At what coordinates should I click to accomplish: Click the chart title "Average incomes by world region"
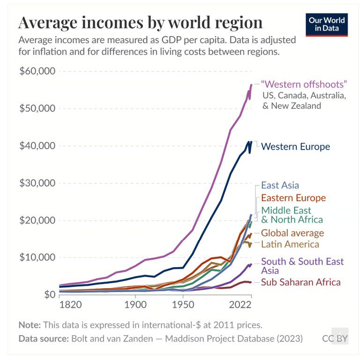click(x=140, y=22)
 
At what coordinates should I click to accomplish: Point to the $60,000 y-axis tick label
click(x=37, y=71)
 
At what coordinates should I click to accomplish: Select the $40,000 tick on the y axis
click(x=37, y=146)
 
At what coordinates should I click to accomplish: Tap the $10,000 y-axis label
click(x=37, y=257)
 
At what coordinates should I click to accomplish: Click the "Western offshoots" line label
click(x=304, y=85)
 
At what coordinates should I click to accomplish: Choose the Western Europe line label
click(x=295, y=147)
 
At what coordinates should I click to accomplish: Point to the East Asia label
click(x=280, y=185)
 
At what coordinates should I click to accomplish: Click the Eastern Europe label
click(x=293, y=198)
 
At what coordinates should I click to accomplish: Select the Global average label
click(x=292, y=233)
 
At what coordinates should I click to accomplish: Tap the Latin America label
click(x=290, y=244)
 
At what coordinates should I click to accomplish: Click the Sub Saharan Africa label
click(x=301, y=282)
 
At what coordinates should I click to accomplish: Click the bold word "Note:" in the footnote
click(x=29, y=324)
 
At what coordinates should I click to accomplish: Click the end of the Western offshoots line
click(x=252, y=85)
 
